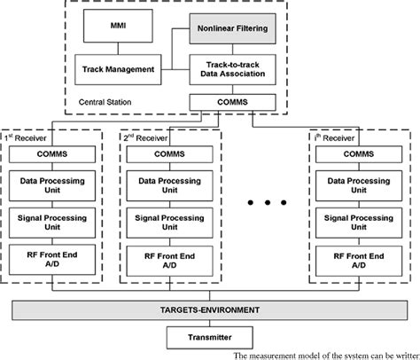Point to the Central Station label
[105, 101]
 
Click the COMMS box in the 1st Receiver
[54, 153]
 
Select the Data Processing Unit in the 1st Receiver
[54, 185]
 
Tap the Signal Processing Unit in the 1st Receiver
[54, 222]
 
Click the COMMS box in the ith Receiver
[361, 153]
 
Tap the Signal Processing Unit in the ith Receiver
[361, 222]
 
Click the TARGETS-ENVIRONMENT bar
[209, 310]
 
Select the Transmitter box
[209, 337]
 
